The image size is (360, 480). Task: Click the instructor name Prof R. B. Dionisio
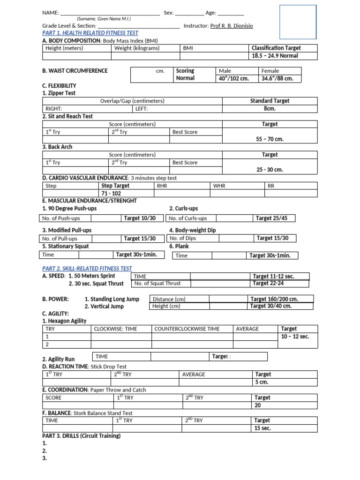click(231, 26)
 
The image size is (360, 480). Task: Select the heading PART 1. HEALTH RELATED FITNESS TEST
click(90, 33)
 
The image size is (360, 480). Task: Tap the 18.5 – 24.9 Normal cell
click(275, 56)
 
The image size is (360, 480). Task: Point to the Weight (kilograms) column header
click(137, 48)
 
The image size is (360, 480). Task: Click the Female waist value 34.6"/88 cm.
click(277, 78)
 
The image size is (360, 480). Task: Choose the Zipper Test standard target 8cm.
click(270, 108)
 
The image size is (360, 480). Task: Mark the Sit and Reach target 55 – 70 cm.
click(270, 139)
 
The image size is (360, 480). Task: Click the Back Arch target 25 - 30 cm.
click(270, 170)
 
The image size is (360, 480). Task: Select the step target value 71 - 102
click(111, 194)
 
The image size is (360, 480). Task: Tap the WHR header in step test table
click(219, 186)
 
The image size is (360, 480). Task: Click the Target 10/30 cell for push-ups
click(139, 218)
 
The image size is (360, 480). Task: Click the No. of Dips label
click(182, 239)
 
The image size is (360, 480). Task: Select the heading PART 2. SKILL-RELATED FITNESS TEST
click(87, 269)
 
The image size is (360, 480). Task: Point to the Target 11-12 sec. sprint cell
click(274, 277)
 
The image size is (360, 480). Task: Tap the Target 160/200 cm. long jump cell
click(274, 299)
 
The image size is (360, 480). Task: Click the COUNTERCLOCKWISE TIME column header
click(187, 329)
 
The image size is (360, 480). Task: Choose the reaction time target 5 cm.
click(261, 382)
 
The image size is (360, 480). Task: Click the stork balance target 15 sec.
click(262, 428)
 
